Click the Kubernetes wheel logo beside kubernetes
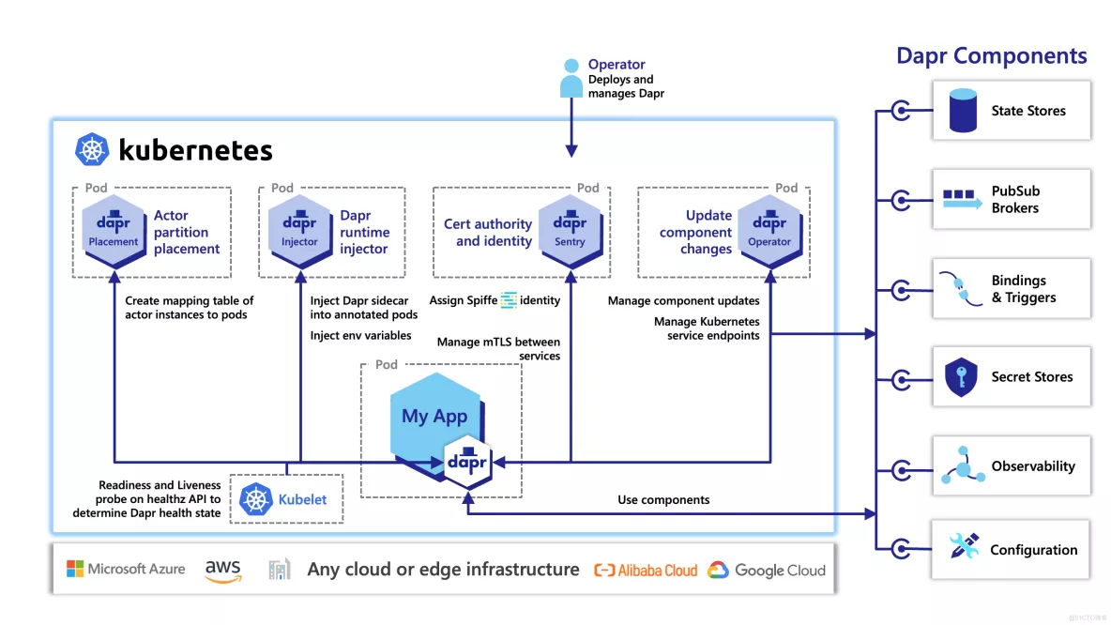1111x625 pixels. [x=92, y=150]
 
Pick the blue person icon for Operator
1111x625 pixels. [x=571, y=79]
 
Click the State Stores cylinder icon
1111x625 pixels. [x=963, y=111]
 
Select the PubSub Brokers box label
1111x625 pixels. [x=1015, y=199]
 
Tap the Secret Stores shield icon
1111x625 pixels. [x=961, y=377]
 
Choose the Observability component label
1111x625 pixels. [x=1033, y=466]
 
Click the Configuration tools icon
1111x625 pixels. [x=963, y=547]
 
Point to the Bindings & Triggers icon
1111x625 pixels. [x=961, y=289]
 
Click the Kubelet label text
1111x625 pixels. [x=302, y=499]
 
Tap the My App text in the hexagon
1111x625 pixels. [x=434, y=416]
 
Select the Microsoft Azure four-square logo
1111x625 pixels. [x=75, y=569]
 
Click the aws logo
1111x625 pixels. [x=222, y=570]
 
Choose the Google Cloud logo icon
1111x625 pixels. [x=718, y=570]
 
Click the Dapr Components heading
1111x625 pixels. [x=991, y=56]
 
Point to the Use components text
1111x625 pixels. [x=663, y=500]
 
